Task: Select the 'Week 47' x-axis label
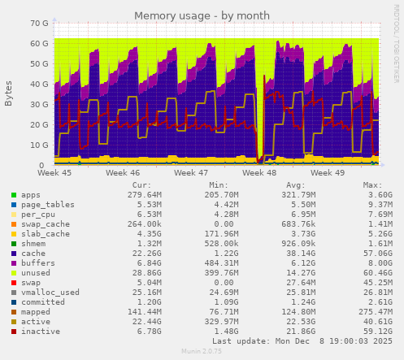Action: click(x=191, y=173)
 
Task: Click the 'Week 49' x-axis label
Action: click(x=328, y=173)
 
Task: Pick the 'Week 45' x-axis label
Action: click(x=54, y=173)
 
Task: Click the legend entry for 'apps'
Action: click(x=30, y=195)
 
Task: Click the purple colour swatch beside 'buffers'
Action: click(x=13, y=263)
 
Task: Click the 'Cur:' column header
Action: click(x=141, y=185)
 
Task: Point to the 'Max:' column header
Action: click(x=373, y=185)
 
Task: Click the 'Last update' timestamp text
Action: click(x=302, y=341)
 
